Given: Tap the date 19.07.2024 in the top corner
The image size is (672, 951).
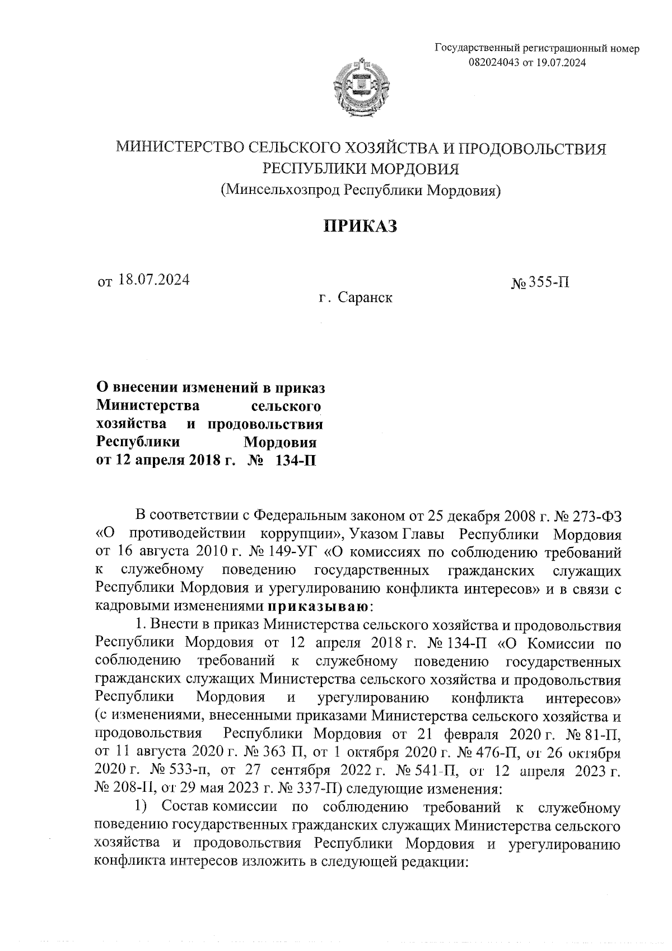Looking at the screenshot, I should (561, 63).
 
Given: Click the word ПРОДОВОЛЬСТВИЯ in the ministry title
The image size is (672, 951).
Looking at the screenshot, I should (532, 149).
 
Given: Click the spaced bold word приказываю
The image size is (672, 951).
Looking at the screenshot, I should (318, 606).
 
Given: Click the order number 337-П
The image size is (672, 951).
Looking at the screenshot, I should (313, 789).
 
